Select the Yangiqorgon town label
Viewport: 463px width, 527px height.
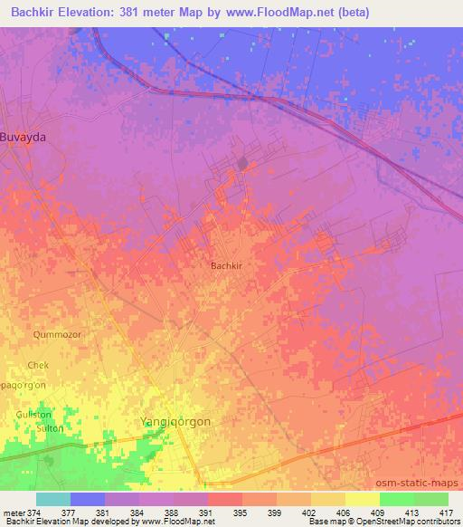click(x=175, y=420)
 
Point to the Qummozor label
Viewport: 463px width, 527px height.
click(x=57, y=334)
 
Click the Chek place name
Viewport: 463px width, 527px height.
click(x=38, y=365)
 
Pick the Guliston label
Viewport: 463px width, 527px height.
click(x=34, y=413)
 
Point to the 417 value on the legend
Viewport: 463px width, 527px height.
click(x=448, y=513)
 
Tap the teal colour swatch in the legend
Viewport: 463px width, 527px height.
click(x=53, y=499)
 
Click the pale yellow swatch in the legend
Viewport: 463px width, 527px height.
click(x=362, y=499)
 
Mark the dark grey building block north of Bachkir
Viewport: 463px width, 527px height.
click(x=242, y=163)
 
